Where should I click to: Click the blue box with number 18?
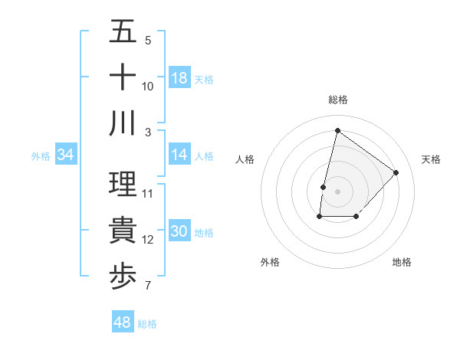179,78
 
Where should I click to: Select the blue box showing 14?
179,155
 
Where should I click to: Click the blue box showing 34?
66,155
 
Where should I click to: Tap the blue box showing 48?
123,322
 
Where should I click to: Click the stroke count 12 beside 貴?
148,241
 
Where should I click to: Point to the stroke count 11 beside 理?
148,193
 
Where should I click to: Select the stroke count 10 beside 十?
148,86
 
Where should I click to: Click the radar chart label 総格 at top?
337,100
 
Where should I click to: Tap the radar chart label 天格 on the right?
432,159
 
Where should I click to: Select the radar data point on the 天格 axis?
396,172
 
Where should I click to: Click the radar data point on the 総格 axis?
337,130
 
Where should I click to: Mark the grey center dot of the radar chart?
337,191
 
